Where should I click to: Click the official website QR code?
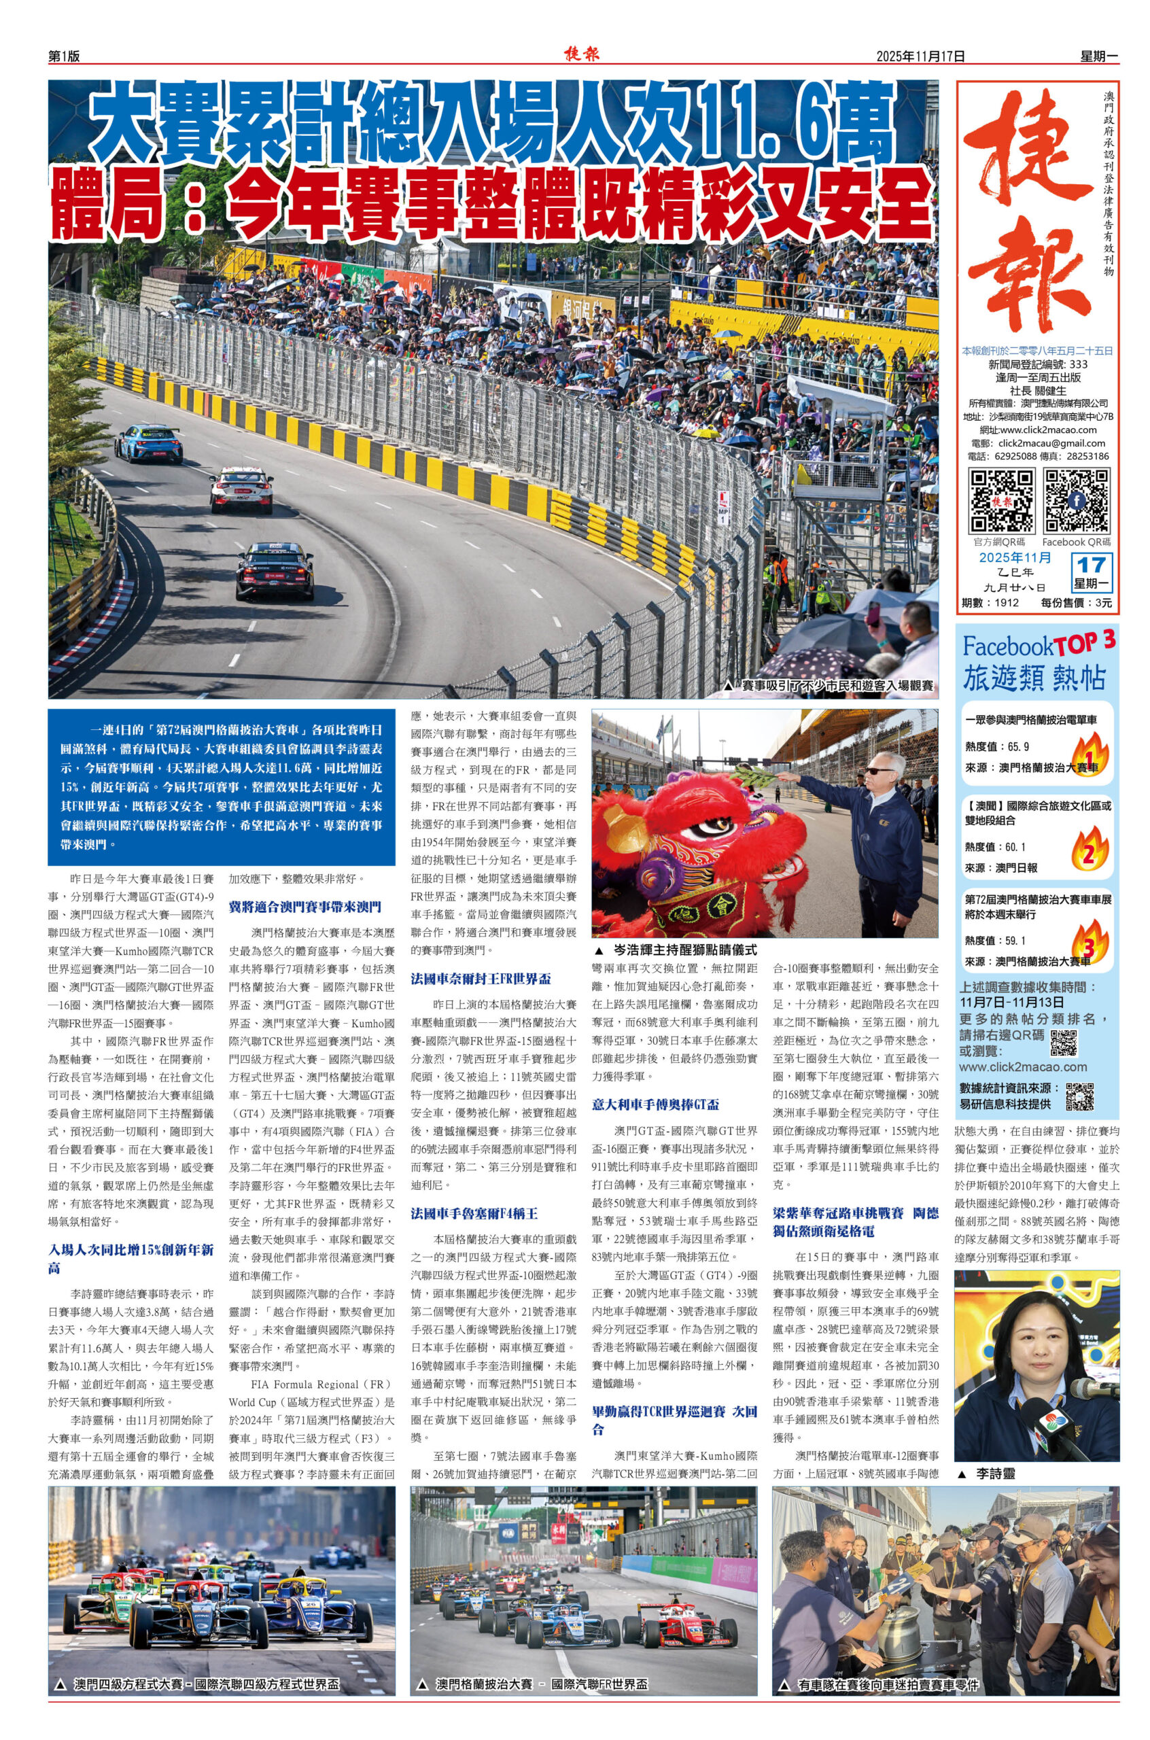point(1002,501)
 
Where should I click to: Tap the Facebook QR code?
point(1076,501)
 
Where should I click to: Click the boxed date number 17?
point(1092,565)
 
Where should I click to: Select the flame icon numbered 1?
point(1088,756)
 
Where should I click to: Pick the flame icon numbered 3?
point(1088,943)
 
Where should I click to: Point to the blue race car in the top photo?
point(148,442)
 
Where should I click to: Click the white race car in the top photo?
point(241,489)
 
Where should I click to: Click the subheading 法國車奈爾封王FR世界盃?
point(481,979)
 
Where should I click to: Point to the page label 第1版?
point(64,56)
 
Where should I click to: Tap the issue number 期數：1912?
point(990,603)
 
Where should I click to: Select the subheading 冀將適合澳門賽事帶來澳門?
point(305,907)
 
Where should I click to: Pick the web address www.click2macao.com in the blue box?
point(1023,1067)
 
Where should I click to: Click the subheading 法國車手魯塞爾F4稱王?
point(474,1213)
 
